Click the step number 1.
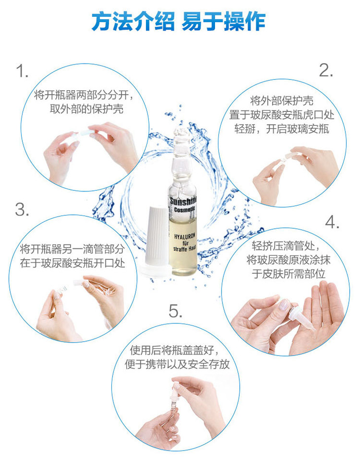click(x=22, y=71)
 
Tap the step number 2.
click(x=326, y=71)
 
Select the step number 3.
click(x=22, y=210)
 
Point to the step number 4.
click(x=332, y=222)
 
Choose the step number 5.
click(x=176, y=311)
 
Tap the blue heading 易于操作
click(x=224, y=22)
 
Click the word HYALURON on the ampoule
click(x=184, y=236)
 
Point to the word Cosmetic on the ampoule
click(x=184, y=210)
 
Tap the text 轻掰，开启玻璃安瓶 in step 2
click(x=282, y=129)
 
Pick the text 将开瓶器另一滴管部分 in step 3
click(x=72, y=249)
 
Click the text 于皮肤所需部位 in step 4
click(x=288, y=274)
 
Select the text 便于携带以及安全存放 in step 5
click(x=177, y=364)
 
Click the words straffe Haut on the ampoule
click(x=184, y=249)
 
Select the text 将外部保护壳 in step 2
click(x=282, y=101)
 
